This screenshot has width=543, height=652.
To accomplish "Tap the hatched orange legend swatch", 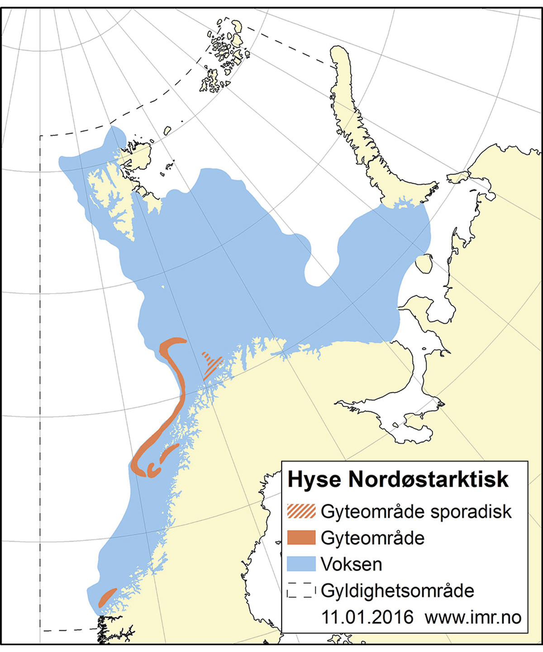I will [x=301, y=511].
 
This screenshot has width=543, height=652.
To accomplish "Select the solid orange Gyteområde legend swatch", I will [x=301, y=538].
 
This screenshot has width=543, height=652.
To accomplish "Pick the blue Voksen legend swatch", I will [x=301, y=564].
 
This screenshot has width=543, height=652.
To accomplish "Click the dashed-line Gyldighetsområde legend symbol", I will [x=301, y=591].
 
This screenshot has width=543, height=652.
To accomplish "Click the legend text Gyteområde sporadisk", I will [x=416, y=512].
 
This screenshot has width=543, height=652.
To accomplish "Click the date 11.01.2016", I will [x=367, y=617].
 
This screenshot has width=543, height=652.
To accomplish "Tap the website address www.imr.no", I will [x=473, y=617].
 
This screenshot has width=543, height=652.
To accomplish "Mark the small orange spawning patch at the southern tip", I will [x=107, y=597].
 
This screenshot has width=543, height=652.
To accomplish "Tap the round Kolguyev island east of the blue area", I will [x=424, y=264].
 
